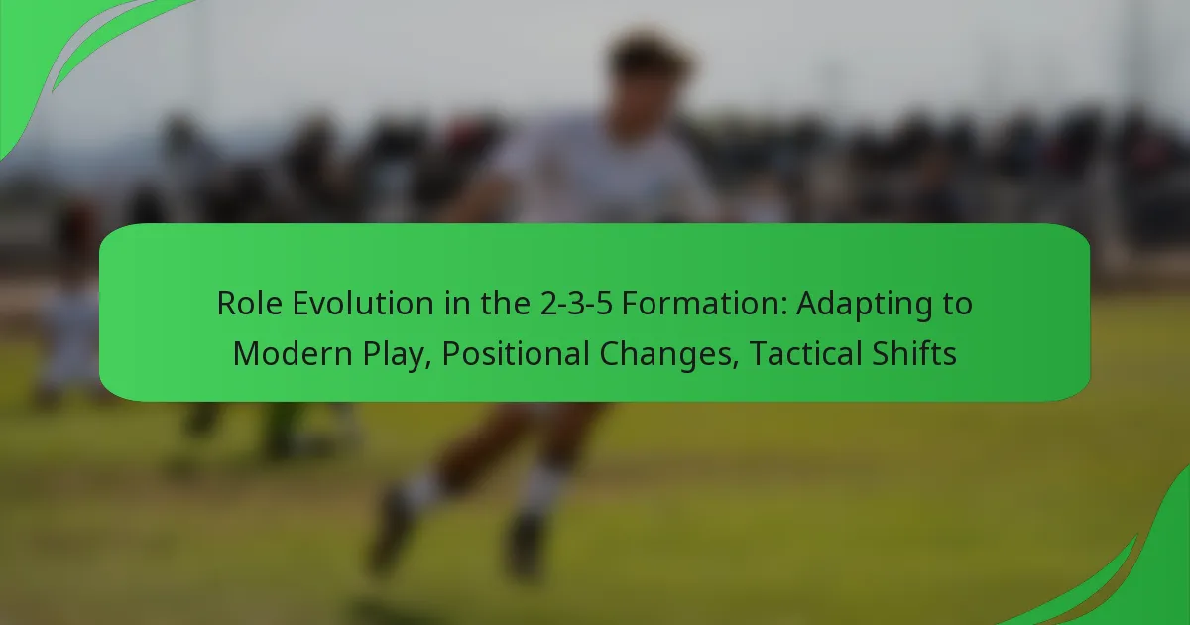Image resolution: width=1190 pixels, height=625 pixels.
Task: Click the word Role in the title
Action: [249, 303]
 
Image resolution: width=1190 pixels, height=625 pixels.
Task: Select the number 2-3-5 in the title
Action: [576, 304]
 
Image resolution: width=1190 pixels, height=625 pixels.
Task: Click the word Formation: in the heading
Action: [704, 303]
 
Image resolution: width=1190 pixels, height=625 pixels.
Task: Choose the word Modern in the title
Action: [293, 353]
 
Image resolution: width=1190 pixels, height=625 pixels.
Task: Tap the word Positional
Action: [515, 353]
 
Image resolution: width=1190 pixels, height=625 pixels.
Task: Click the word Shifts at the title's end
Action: [913, 353]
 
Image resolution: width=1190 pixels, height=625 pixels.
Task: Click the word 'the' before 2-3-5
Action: [505, 303]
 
